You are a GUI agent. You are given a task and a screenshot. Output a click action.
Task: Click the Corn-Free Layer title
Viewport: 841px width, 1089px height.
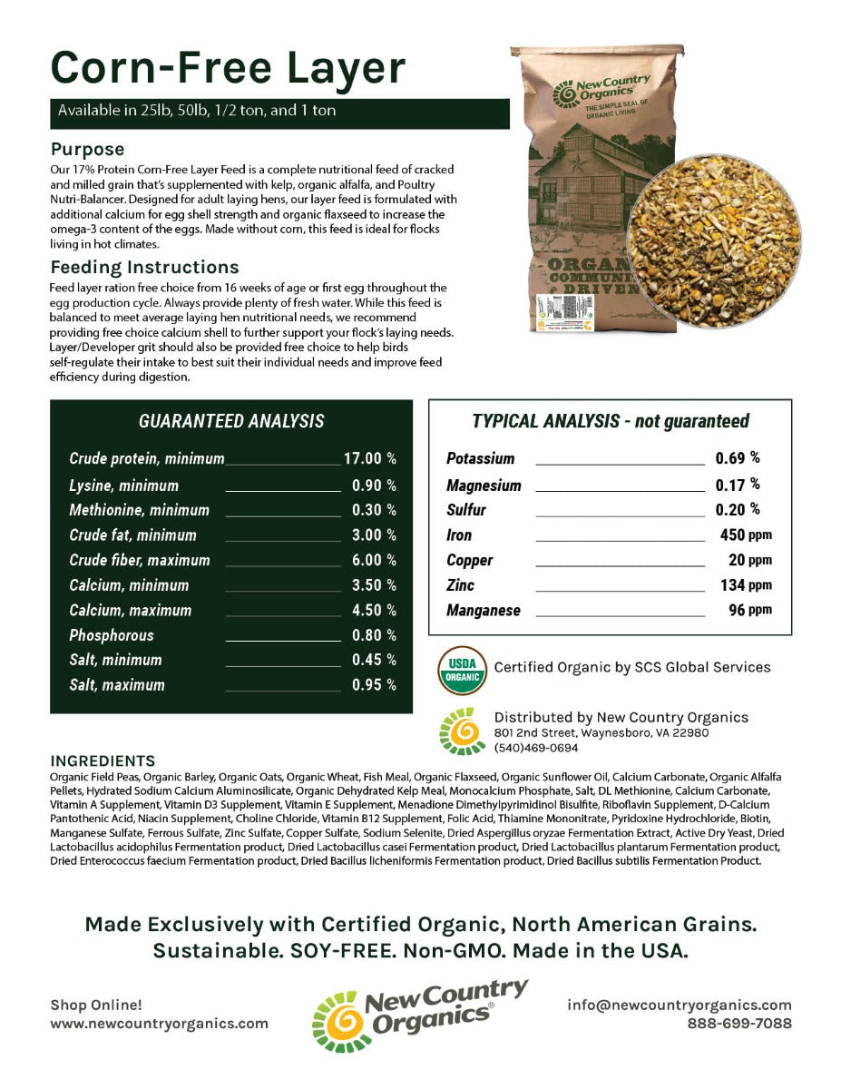227,69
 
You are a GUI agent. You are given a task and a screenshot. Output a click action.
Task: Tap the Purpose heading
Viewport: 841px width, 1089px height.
87,149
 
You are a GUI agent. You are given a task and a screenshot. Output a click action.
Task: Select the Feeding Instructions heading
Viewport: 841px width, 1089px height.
144,267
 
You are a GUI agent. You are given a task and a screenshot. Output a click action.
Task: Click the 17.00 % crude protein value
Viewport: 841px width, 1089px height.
369,459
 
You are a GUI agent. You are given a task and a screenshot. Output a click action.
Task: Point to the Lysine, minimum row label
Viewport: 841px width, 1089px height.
123,486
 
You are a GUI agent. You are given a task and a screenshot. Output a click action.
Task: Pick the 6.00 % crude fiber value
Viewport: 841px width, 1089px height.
374,560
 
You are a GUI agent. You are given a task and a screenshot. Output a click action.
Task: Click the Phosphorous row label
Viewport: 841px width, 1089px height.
112,635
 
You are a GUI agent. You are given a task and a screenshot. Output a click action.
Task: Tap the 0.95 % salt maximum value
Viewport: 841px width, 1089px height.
374,685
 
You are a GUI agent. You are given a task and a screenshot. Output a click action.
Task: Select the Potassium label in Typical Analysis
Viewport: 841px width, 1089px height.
480,459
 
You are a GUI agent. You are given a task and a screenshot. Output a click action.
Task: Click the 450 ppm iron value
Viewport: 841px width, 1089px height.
745,535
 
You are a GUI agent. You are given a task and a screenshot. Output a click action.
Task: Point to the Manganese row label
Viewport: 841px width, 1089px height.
483,611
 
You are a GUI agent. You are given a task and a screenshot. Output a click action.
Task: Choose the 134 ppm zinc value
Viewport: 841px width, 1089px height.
745,585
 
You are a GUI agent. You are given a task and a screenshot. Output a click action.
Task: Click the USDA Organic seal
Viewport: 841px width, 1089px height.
462,670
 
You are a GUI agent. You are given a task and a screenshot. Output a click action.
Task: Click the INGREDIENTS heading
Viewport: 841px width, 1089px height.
103,760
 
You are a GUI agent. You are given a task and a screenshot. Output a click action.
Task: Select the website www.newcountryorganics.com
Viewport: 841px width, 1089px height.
159,1024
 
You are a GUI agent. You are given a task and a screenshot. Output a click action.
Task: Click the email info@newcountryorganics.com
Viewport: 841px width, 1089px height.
679,1005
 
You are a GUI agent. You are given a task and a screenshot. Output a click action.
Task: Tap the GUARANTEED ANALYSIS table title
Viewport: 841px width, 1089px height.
230,421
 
